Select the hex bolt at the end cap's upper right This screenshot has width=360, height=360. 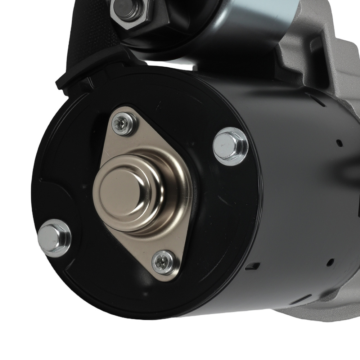[230, 146]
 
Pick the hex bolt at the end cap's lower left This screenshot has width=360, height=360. [54, 238]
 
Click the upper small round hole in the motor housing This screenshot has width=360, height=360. [338, 143]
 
